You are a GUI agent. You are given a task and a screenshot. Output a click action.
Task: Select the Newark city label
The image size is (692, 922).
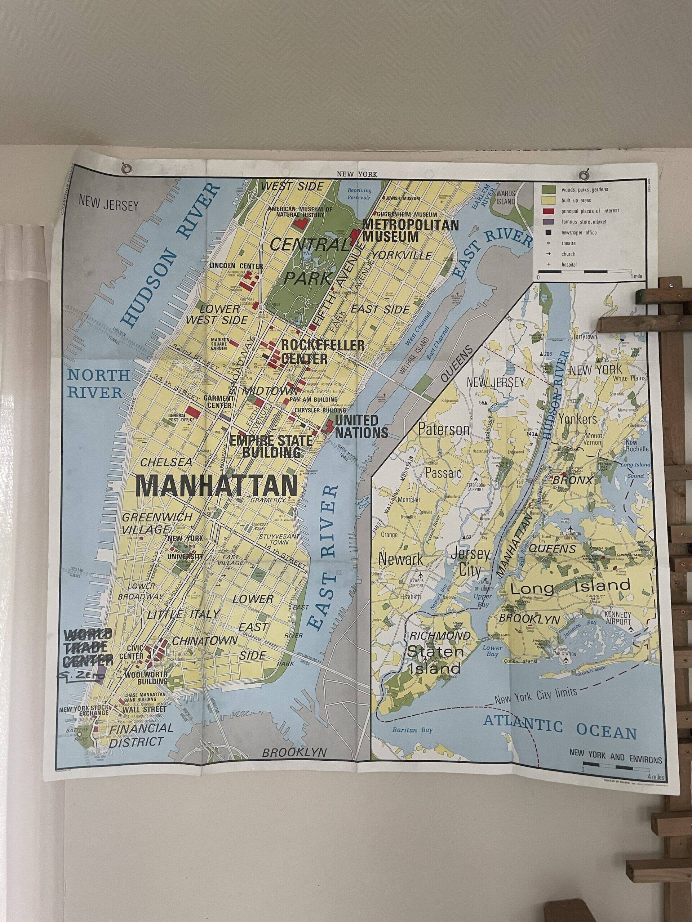point(401,559)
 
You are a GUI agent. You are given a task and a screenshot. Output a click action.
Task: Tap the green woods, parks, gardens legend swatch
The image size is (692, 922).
point(548,189)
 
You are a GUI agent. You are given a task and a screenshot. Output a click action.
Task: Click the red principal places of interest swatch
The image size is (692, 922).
point(548,210)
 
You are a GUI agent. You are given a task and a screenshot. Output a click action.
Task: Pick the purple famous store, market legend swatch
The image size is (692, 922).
point(548,221)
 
